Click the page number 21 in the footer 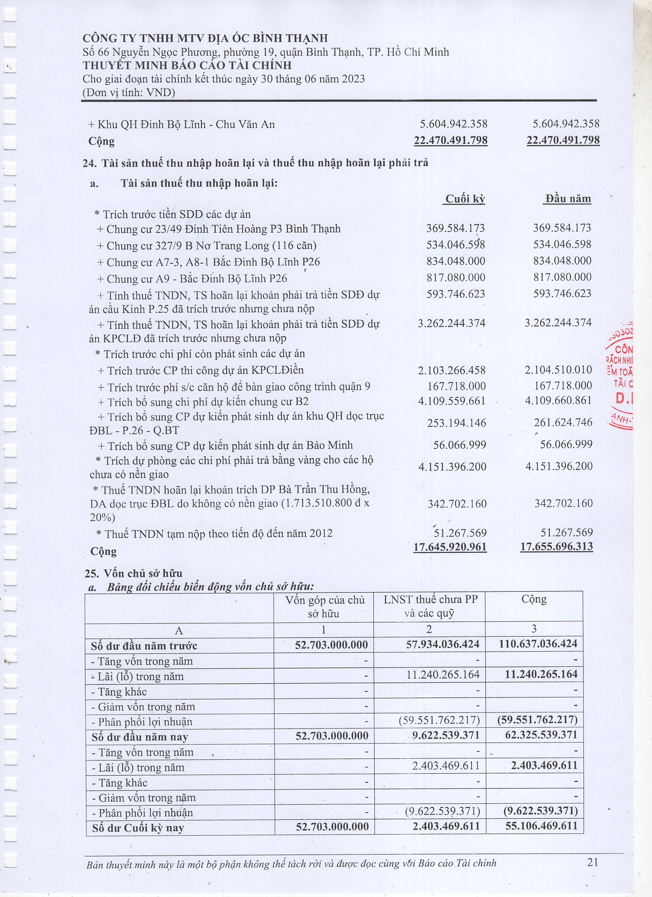point(592,862)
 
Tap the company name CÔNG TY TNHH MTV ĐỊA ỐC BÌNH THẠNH point(205,38)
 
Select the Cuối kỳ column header point(464,199)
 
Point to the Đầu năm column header point(568,199)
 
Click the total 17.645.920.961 point(450,547)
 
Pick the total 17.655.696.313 point(556,546)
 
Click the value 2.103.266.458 point(452,370)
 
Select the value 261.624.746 point(559,422)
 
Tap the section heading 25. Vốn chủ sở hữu point(133,573)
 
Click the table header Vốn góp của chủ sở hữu point(324,607)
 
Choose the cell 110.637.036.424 point(538,644)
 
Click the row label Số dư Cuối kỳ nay point(138,828)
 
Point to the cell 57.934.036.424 point(443,644)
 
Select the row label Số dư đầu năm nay point(140,737)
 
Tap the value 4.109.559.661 point(452,401)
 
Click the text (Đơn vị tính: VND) point(129,93)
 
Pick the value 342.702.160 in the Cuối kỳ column point(457,504)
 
